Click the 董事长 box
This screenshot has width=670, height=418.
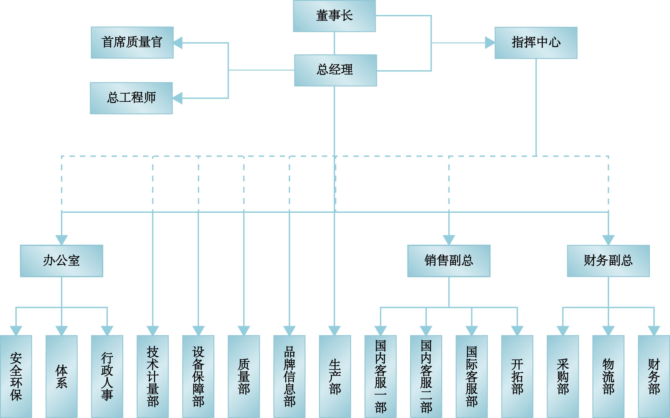334,16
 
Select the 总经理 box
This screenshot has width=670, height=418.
335,70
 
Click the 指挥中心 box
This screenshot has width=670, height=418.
536,43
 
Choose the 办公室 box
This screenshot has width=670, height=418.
61,261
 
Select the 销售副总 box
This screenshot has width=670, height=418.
449,261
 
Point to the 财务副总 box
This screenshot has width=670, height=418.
608,261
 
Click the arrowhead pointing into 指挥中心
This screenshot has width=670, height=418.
489,43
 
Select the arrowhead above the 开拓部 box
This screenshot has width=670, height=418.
517,330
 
